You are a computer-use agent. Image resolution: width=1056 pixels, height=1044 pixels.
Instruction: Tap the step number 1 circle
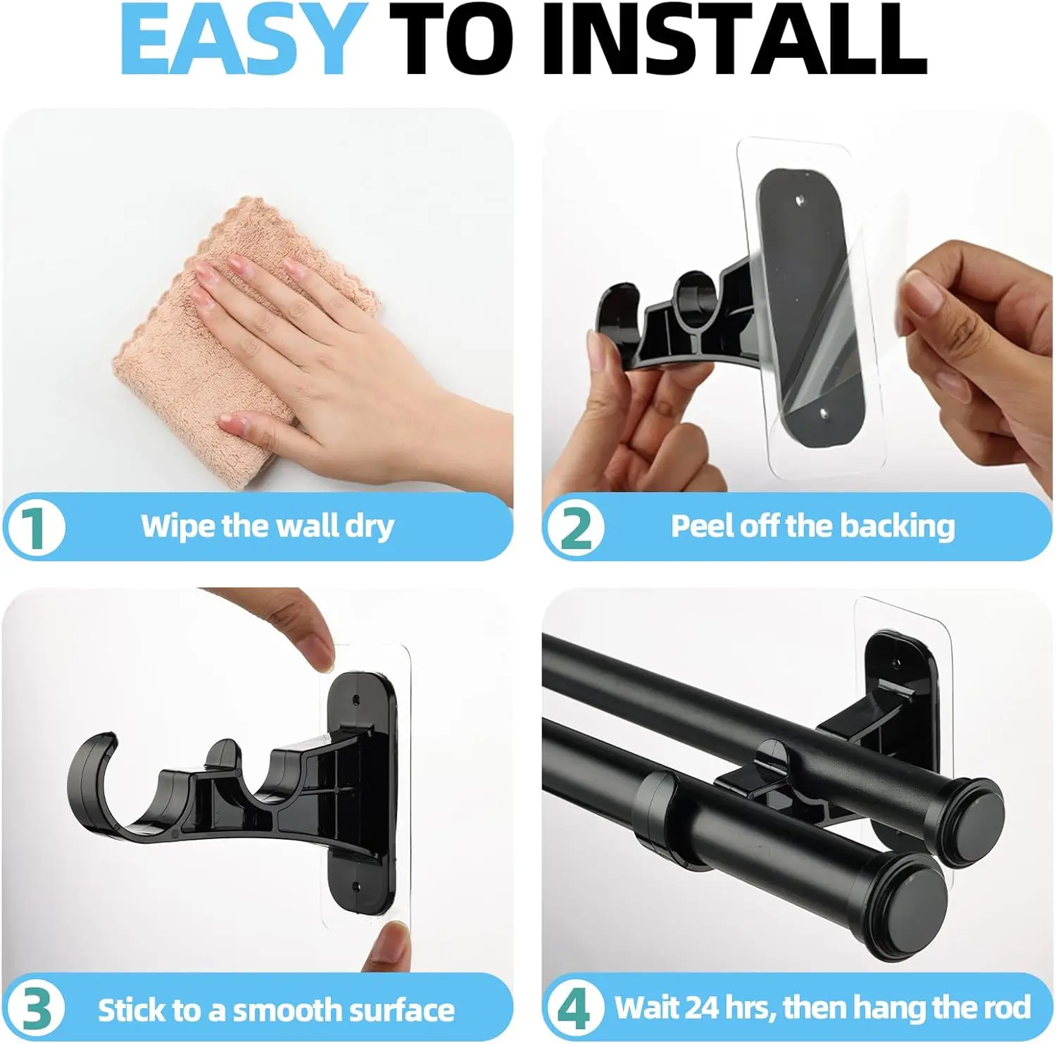click(x=34, y=527)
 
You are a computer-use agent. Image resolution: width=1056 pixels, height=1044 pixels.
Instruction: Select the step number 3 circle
click(x=34, y=1009)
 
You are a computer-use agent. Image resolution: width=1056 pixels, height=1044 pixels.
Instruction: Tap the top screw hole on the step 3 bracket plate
click(x=356, y=702)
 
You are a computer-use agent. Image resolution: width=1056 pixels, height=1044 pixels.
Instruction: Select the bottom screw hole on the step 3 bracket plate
click(x=355, y=885)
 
